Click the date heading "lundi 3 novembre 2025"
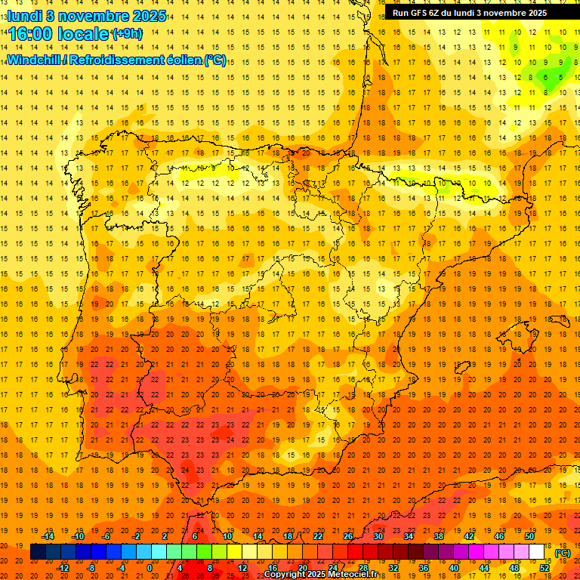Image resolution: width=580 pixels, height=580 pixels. (87, 16)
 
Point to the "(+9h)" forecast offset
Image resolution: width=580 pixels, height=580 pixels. (126, 34)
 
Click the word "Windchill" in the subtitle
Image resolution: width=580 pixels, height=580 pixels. (35, 60)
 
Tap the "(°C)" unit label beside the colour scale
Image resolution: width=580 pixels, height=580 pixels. (563, 553)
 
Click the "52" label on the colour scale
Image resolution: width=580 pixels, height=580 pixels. (545, 568)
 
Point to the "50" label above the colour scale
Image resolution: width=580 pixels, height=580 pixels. (529, 536)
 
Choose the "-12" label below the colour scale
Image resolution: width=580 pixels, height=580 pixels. (63, 568)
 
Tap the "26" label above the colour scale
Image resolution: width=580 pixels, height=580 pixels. (348, 536)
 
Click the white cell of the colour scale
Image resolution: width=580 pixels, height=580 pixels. (537, 552)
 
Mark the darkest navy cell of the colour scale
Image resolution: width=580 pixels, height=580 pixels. (38, 552)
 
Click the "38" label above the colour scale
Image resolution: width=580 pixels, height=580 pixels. (439, 536)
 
